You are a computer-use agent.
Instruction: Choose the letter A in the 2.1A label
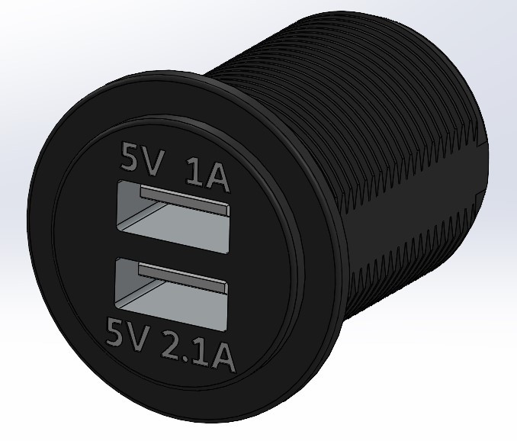(x=220, y=356)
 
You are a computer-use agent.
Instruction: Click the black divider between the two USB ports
(x=172, y=257)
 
